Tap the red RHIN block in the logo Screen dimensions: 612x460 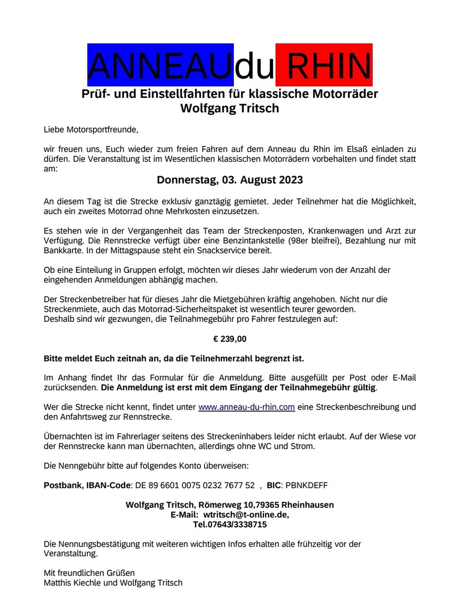[x=324, y=65]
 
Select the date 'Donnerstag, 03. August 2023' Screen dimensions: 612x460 [x=230, y=180]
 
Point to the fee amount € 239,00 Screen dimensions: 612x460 [x=230, y=338]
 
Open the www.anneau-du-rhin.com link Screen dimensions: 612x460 [x=246, y=407]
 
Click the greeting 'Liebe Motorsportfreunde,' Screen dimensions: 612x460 [x=91, y=130]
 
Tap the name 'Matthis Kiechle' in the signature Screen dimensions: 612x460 [x=72, y=583]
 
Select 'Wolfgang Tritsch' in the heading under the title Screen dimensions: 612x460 [x=230, y=108]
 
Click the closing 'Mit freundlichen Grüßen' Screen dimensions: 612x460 [x=89, y=573]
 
